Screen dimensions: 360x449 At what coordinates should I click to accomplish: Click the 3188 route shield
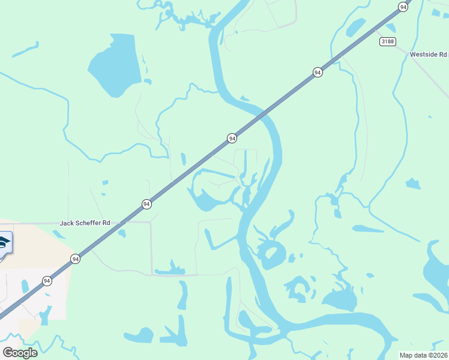click(387, 41)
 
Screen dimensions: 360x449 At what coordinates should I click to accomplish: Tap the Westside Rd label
click(429, 55)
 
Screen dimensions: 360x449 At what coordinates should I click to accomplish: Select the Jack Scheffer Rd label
click(85, 223)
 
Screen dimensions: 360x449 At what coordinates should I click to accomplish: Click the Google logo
click(20, 352)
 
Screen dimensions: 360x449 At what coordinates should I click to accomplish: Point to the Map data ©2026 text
click(423, 355)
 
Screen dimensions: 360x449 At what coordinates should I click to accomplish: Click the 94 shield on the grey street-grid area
click(47, 281)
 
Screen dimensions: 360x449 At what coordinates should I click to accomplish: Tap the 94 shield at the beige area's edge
click(75, 259)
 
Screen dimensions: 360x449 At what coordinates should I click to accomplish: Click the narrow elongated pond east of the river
click(367, 229)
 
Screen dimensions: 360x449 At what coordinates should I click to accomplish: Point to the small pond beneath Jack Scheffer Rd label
click(122, 233)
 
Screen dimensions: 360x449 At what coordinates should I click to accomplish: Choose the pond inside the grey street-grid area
click(25, 287)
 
